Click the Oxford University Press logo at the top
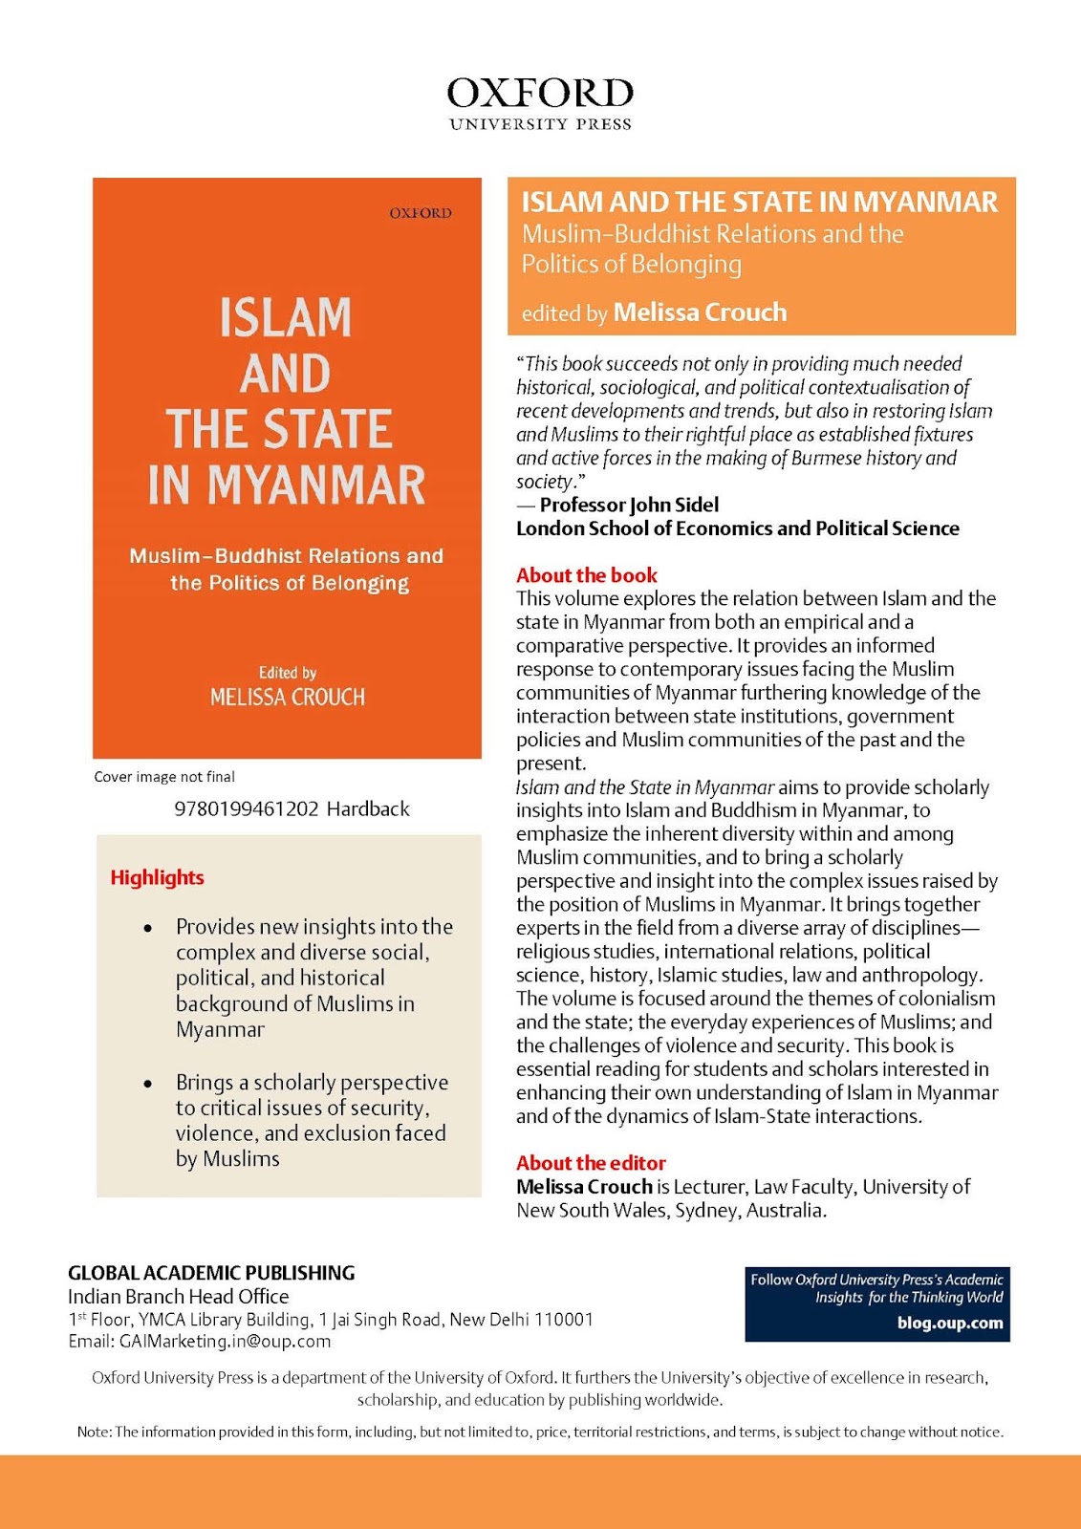[540, 103]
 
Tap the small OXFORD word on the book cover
[420, 213]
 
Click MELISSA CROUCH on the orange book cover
[287, 697]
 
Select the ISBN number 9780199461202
[247, 808]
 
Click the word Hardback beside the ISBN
[368, 808]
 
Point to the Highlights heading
[157, 877]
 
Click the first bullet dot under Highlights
[147, 928]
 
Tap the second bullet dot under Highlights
[147, 1084]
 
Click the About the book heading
[587, 575]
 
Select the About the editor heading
[591, 1163]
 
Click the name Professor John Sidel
[629, 505]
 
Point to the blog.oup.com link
[949, 1324]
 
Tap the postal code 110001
[563, 1320]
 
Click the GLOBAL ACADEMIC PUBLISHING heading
[211, 1273]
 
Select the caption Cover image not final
[163, 777]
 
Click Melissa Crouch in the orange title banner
[700, 312]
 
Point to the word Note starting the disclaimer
[93, 1432]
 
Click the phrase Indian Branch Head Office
[178, 1297]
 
